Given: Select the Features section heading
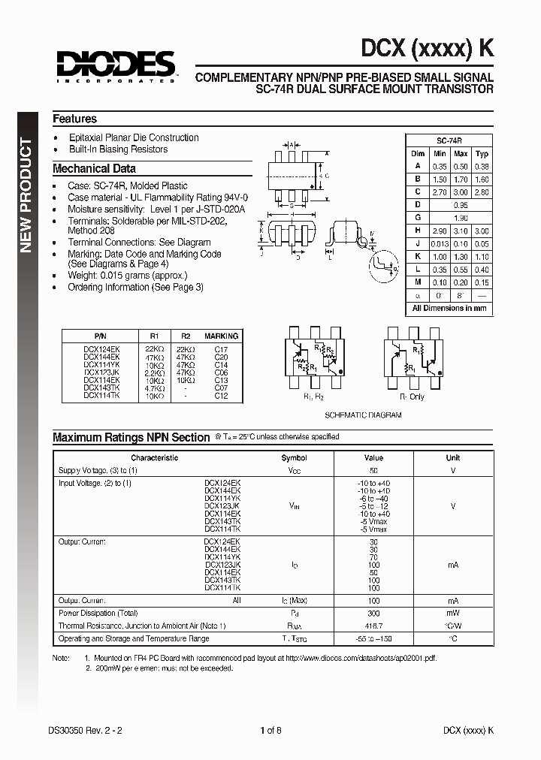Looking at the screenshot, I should point(74,119).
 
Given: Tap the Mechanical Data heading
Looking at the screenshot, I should point(94,168).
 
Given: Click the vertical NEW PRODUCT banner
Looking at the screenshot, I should point(26,195).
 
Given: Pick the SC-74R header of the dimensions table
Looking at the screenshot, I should point(449,140).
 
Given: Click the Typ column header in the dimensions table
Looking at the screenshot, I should point(482,154).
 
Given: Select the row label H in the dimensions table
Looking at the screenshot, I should point(417,231).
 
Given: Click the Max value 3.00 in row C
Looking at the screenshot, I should point(461,192).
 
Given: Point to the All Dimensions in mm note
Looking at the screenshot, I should point(449,308).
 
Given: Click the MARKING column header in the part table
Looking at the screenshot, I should point(221,336).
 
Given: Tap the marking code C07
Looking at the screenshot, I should point(221,388).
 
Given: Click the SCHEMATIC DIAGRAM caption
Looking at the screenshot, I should point(363,415).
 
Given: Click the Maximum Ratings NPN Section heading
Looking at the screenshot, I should point(131,437).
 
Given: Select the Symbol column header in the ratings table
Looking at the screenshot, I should point(294,457).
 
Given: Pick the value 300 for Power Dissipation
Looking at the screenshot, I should point(373,613).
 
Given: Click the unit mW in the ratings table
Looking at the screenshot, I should point(452,613).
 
